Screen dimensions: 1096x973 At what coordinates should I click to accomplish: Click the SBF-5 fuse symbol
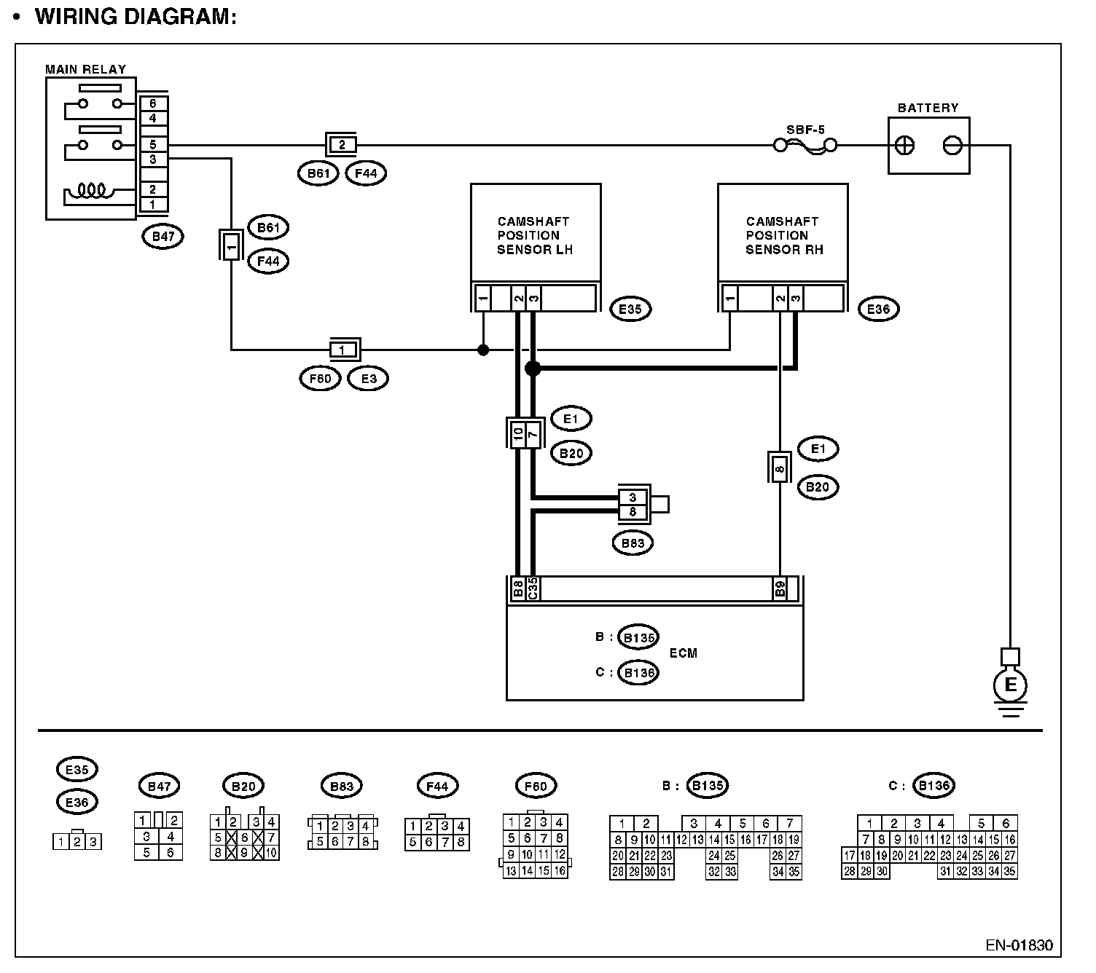(x=805, y=146)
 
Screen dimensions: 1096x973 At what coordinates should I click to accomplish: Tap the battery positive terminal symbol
(x=904, y=146)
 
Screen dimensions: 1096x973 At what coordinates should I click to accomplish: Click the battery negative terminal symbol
(x=952, y=146)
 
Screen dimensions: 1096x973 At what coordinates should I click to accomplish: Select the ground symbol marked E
(x=1010, y=685)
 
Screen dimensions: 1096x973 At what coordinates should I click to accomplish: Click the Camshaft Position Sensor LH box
(x=536, y=233)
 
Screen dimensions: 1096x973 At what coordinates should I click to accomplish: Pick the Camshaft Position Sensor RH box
(x=783, y=233)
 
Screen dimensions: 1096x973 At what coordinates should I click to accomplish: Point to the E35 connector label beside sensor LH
(x=630, y=310)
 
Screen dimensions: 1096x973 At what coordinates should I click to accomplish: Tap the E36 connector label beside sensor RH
(x=879, y=310)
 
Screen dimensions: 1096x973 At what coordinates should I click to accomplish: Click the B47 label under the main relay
(x=163, y=236)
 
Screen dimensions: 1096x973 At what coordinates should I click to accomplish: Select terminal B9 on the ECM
(x=780, y=588)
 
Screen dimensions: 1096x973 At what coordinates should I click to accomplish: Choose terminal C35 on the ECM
(x=533, y=588)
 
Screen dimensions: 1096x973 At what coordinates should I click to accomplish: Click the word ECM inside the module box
(x=684, y=653)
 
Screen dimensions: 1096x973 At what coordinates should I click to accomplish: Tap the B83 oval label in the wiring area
(x=633, y=543)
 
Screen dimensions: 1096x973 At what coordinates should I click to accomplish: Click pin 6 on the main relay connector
(x=153, y=103)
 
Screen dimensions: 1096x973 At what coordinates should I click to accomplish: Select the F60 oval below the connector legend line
(x=536, y=786)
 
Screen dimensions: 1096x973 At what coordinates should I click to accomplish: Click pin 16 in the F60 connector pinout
(x=560, y=871)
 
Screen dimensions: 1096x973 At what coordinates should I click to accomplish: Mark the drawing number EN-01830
(x=1019, y=945)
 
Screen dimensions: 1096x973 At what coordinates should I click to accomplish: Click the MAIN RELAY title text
(x=85, y=69)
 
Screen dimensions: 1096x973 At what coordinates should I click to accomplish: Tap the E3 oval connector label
(x=369, y=379)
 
